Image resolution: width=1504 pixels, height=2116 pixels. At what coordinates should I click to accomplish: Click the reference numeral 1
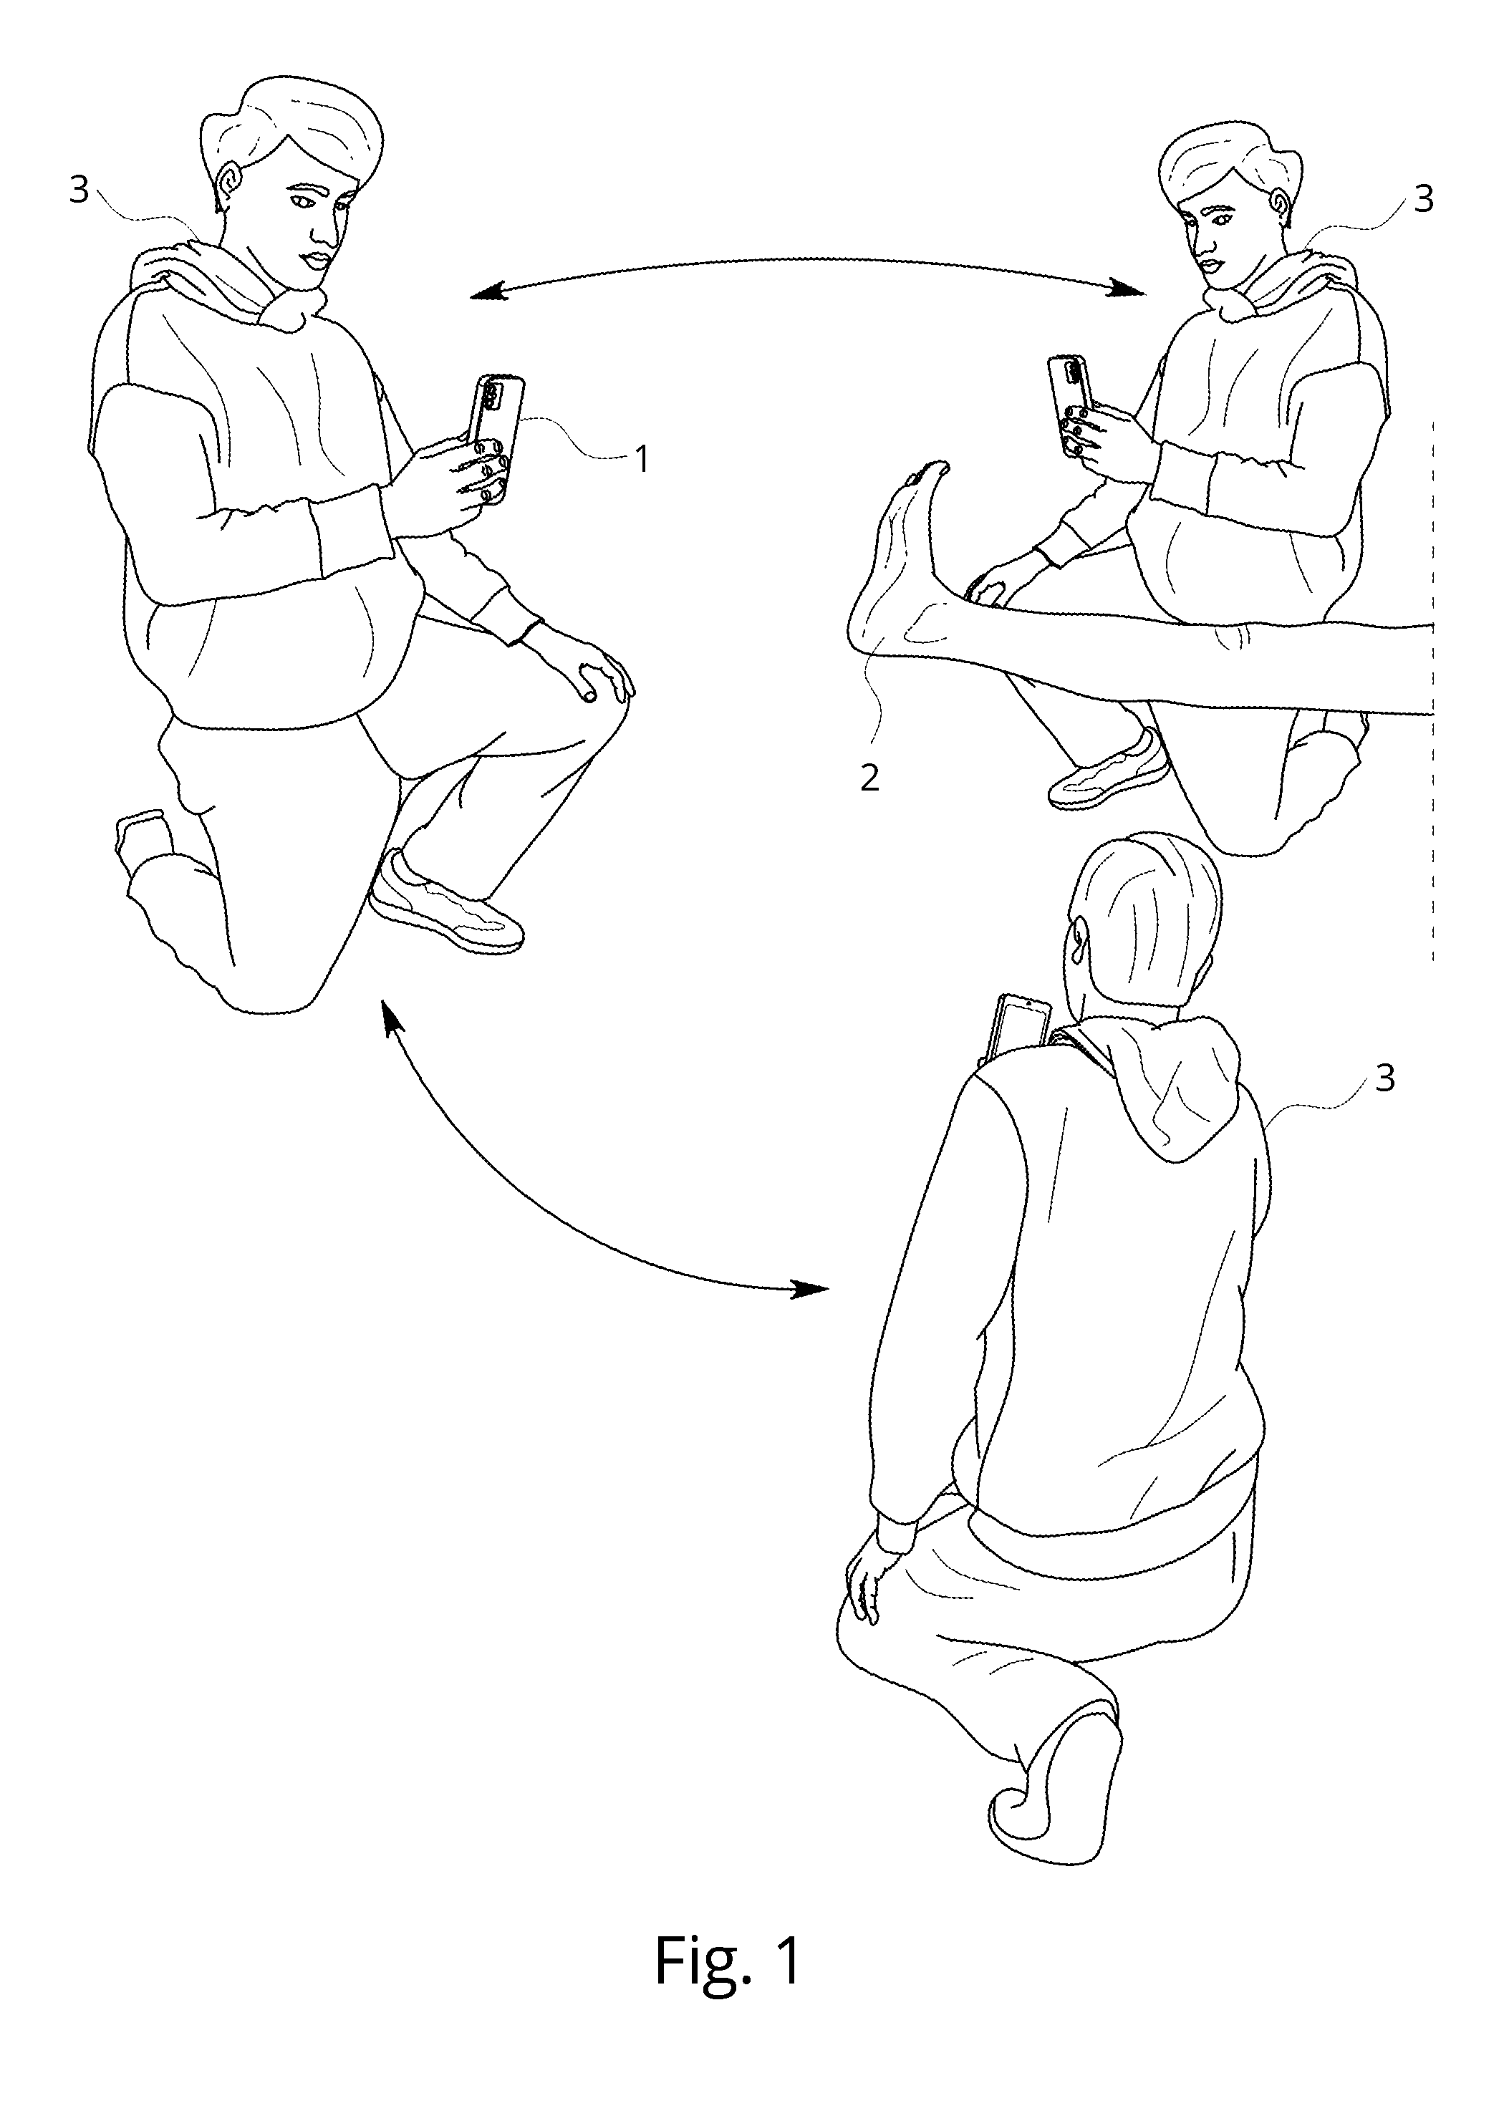(x=642, y=458)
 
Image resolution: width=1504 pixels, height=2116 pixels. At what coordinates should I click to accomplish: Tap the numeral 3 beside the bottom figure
(x=1384, y=1078)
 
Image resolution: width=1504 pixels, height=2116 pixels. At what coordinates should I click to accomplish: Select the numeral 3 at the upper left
(x=79, y=190)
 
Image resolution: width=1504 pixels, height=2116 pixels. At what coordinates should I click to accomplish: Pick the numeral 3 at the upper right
(x=1424, y=198)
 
